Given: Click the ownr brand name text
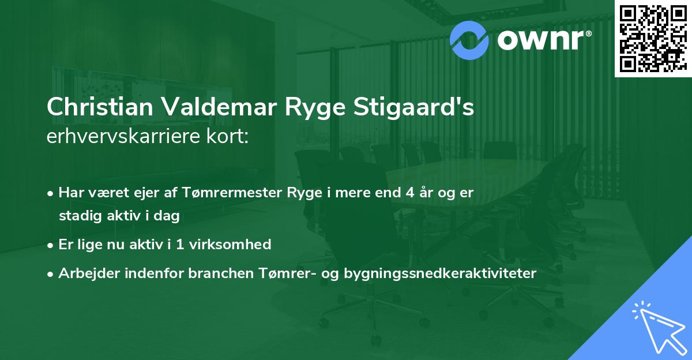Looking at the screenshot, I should [543, 40].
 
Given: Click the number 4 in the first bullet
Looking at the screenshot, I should [410, 193].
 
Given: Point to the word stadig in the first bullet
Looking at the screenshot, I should [77, 216].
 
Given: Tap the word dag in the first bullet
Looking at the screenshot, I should [168, 216].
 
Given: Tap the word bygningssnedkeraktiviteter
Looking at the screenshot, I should [440, 273].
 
